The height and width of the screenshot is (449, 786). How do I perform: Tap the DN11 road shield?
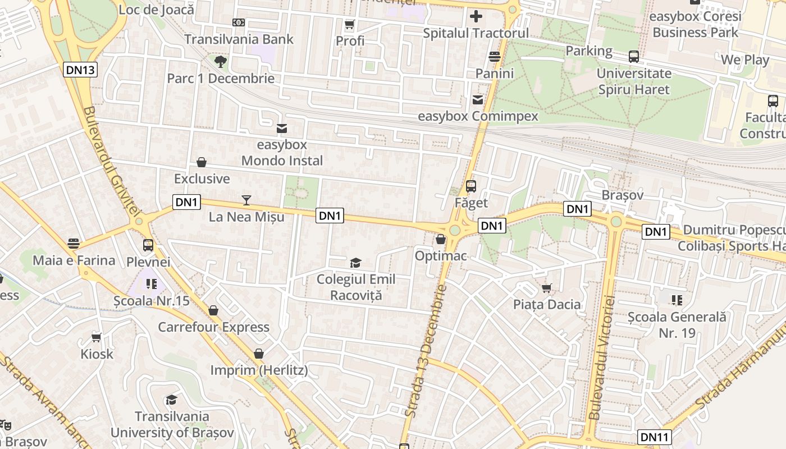click(x=655, y=437)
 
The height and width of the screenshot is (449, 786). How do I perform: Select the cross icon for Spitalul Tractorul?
click(x=476, y=16)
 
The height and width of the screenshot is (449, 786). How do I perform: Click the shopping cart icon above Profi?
click(x=350, y=24)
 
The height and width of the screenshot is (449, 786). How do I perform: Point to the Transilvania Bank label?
click(x=239, y=39)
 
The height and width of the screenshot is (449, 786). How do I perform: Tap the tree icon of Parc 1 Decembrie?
click(x=221, y=61)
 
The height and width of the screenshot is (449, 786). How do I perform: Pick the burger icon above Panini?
click(x=495, y=56)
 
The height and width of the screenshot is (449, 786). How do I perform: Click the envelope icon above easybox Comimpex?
click(x=478, y=99)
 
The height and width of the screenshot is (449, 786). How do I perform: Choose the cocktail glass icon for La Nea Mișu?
click(x=246, y=200)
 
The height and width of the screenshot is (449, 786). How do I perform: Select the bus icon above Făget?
click(x=471, y=186)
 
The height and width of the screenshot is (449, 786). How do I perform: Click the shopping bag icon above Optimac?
click(x=441, y=239)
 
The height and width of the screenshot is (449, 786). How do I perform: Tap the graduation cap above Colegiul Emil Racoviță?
click(x=355, y=263)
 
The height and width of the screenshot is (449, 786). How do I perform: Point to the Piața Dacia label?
click(x=547, y=304)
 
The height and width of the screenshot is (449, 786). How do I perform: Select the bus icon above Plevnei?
click(x=148, y=245)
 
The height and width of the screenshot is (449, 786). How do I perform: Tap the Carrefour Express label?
click(x=213, y=327)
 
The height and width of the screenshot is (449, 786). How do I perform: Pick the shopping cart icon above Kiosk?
click(x=97, y=337)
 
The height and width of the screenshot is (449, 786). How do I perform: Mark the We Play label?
click(x=745, y=59)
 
